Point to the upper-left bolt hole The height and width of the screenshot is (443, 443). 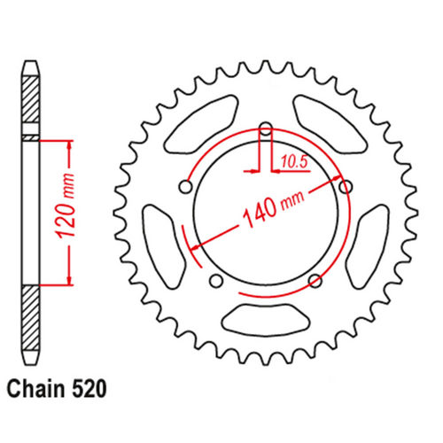186,186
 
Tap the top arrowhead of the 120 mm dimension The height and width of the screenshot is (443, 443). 66,144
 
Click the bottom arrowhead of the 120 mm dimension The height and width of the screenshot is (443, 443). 66,282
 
